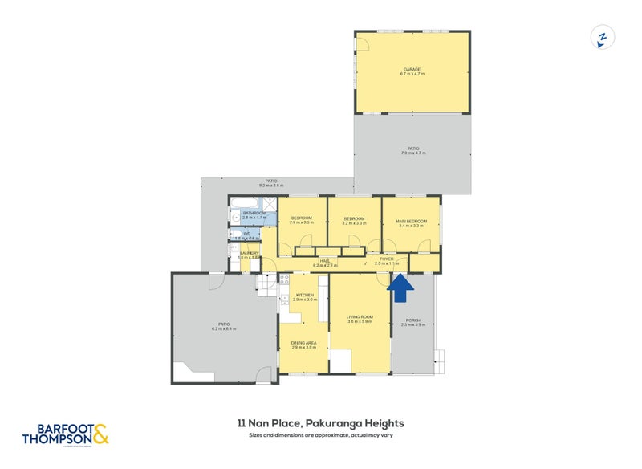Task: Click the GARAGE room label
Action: coord(412,69)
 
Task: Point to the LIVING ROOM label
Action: coord(360,316)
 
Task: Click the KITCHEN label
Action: coord(304,295)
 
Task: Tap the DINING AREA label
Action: coord(303,343)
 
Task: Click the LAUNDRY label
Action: coord(249,253)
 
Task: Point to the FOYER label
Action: coord(386,259)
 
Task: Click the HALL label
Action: coord(325,259)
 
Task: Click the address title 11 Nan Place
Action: coord(319,423)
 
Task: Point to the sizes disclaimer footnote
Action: coord(319,435)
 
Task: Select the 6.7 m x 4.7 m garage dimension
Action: coord(412,74)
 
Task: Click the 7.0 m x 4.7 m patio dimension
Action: coord(412,154)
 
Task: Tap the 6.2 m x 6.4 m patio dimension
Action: coord(223,329)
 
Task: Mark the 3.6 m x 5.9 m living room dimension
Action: coord(360,321)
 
